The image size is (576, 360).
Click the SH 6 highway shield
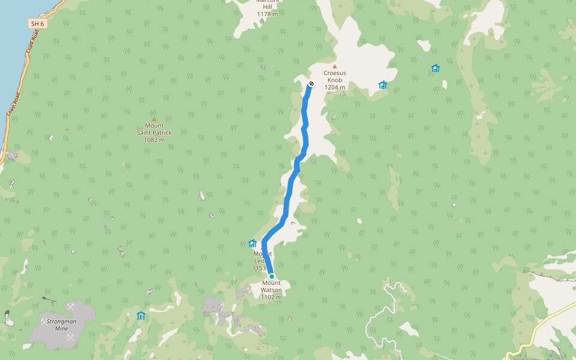tap(37, 23)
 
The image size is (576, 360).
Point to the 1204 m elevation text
tap(335, 87)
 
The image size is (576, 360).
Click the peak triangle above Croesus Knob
tap(335, 66)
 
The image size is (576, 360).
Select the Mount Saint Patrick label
tap(154, 129)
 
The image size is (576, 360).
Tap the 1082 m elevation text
tap(154, 140)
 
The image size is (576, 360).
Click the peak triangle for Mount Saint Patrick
tap(154, 119)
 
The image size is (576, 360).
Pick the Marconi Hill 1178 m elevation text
tap(267, 14)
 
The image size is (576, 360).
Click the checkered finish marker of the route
tap(311, 83)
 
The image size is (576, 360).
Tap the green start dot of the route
tap(272, 277)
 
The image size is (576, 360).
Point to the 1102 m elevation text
tap(271, 297)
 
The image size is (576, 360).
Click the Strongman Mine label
tap(61, 325)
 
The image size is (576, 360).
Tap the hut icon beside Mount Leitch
tap(253, 244)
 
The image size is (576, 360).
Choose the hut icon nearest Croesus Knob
tap(383, 85)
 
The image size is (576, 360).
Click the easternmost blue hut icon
tap(436, 68)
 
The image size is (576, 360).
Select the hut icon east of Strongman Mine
tap(141, 316)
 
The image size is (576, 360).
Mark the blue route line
tap(288, 198)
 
